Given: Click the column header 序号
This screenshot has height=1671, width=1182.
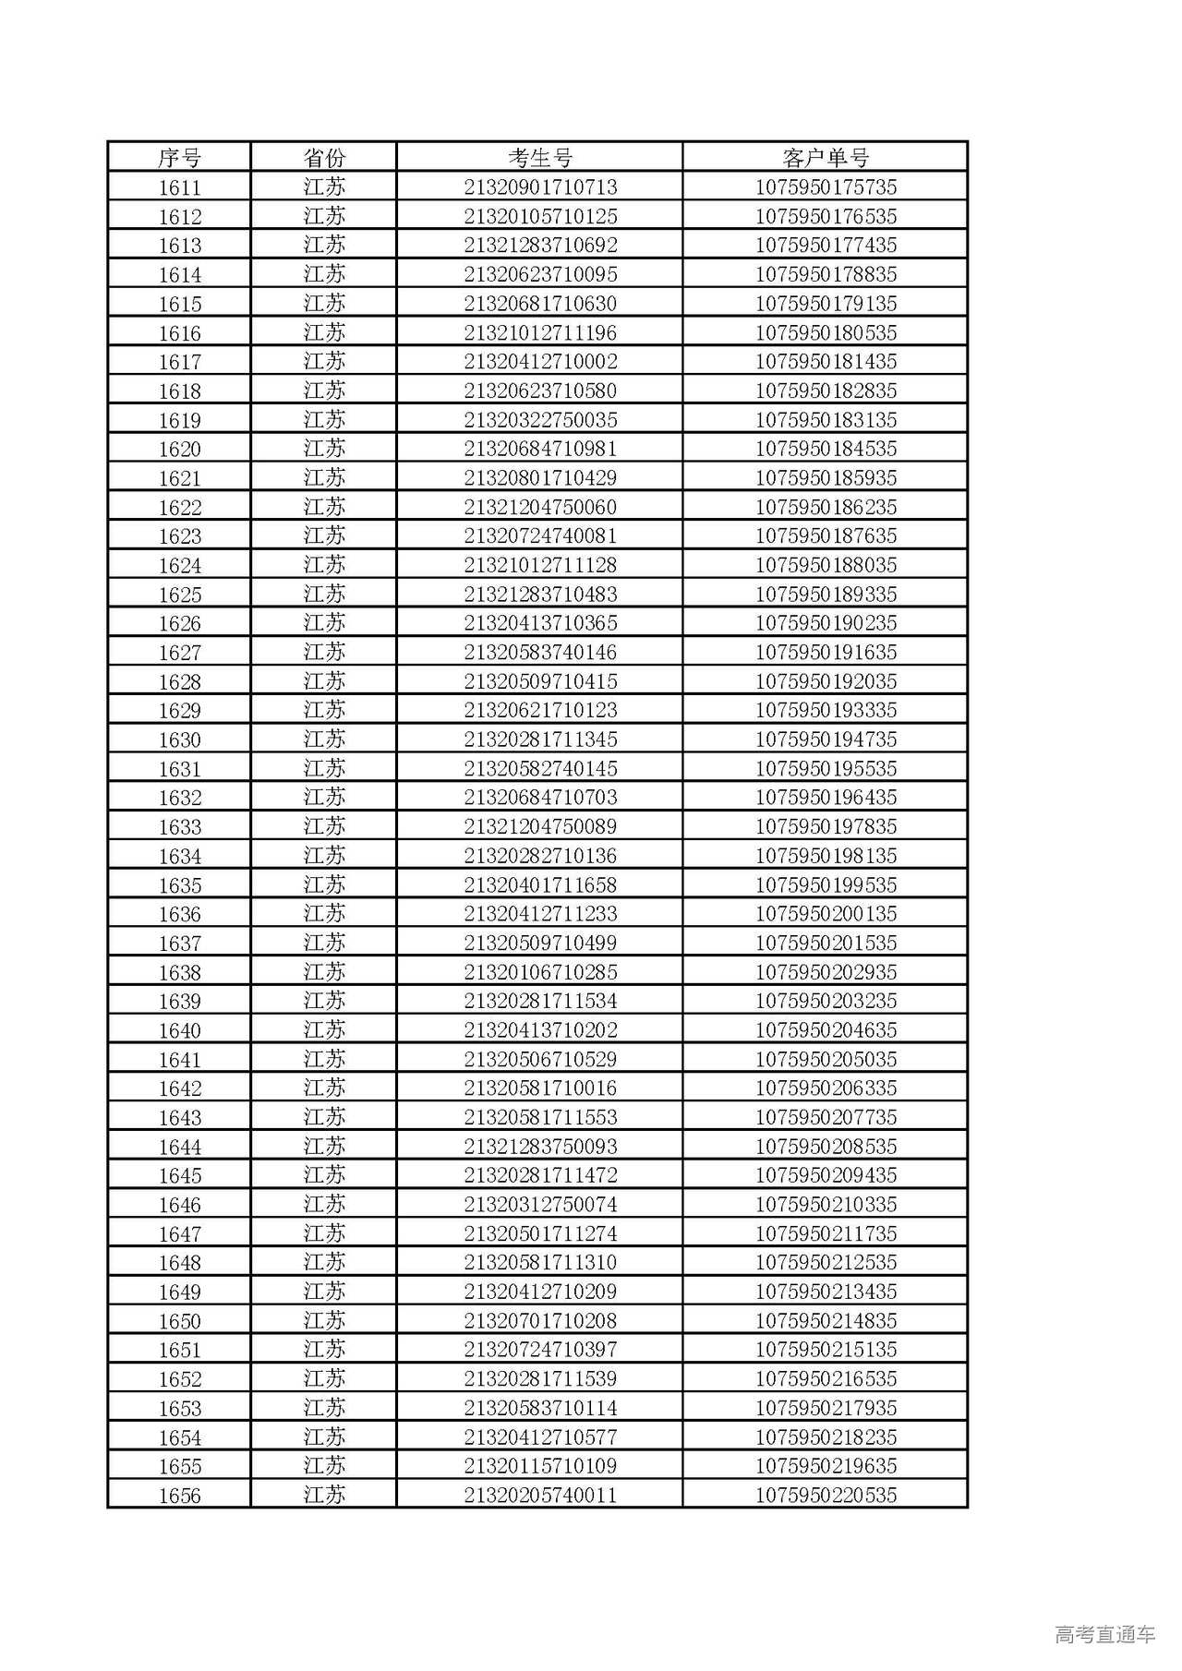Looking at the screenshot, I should [179, 158].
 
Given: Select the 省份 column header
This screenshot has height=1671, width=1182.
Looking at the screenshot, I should [324, 158].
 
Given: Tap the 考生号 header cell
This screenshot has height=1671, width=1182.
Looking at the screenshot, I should [540, 158].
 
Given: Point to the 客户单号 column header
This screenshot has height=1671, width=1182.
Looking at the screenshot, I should [826, 158].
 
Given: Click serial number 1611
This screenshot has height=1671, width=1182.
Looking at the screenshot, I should [179, 187].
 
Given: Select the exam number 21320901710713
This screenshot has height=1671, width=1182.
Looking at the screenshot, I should [540, 187].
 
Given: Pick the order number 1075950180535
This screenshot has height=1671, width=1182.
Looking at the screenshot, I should [826, 332].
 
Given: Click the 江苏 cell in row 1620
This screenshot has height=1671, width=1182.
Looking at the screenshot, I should [324, 449].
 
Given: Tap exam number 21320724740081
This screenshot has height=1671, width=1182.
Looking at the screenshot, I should [540, 535].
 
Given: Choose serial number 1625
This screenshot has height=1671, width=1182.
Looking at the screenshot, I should [179, 595].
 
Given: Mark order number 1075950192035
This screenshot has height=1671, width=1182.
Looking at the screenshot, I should [826, 681].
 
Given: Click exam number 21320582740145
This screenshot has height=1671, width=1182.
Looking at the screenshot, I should [540, 768].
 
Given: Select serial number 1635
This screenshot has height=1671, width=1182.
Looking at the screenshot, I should [179, 885].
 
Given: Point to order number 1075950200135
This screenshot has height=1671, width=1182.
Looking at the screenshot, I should [826, 914].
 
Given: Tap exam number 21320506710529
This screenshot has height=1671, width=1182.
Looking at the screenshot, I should [540, 1059].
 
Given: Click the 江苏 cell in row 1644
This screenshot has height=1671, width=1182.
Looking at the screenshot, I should [324, 1147].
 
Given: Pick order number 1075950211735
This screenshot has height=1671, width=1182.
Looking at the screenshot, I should [826, 1233].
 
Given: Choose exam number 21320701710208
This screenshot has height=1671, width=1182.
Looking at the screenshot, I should [540, 1320].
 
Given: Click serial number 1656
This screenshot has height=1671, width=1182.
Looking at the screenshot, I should [179, 1496].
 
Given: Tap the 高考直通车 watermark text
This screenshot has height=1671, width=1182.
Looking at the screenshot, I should [1104, 1634].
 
